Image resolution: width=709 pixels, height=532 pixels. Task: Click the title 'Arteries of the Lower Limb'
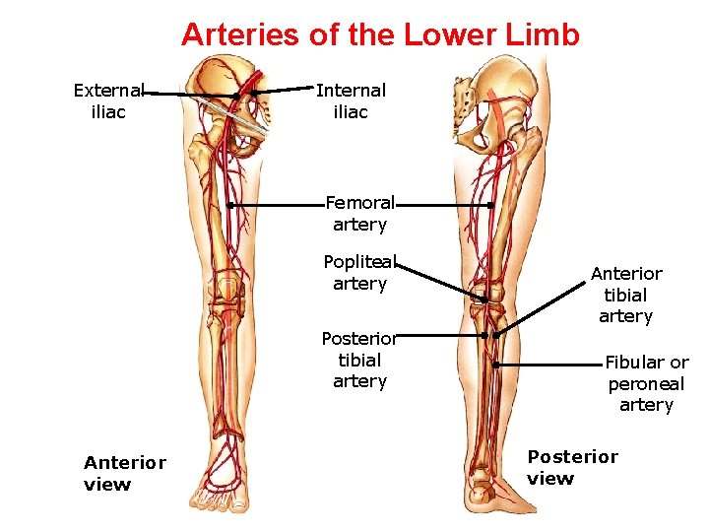(380, 34)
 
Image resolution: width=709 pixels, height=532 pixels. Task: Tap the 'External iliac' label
(108, 100)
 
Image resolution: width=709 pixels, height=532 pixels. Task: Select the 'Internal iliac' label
(351, 100)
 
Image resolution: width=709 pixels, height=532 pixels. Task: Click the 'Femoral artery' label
(359, 214)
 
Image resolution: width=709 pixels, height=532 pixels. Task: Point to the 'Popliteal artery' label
(359, 273)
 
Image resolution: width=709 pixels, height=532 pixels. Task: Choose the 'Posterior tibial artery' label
(359, 360)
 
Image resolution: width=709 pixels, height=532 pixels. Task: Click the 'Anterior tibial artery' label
(626, 295)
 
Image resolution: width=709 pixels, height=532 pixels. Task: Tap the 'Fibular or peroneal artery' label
(646, 383)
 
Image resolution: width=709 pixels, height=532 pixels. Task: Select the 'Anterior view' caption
(125, 473)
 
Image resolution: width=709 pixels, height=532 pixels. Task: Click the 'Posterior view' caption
(572, 467)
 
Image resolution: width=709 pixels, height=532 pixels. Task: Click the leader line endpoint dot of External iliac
(237, 96)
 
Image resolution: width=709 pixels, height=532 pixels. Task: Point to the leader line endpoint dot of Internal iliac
(253, 92)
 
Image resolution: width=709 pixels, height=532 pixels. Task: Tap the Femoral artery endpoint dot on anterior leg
(228, 206)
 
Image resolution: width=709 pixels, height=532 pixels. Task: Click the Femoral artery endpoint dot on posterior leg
(490, 206)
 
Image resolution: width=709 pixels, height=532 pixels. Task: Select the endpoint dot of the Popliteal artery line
(484, 299)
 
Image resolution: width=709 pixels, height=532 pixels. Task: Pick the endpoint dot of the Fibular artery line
(497, 365)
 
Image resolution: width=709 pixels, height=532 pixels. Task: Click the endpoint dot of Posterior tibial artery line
(484, 335)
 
